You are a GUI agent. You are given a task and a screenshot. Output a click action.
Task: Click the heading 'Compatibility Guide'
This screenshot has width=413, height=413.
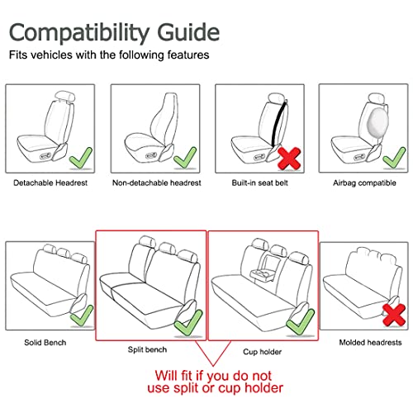[114, 32]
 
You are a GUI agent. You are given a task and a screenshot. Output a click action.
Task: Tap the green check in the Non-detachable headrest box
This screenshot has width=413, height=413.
[183, 156]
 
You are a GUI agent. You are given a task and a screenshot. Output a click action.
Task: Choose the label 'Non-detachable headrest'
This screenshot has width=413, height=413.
[154, 181]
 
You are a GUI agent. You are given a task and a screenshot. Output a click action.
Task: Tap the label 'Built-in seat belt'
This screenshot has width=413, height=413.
[258, 181]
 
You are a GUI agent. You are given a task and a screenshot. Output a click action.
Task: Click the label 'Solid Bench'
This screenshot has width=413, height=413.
[45, 342]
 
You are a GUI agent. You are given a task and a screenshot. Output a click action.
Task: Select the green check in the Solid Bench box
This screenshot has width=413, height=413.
[81, 315]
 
